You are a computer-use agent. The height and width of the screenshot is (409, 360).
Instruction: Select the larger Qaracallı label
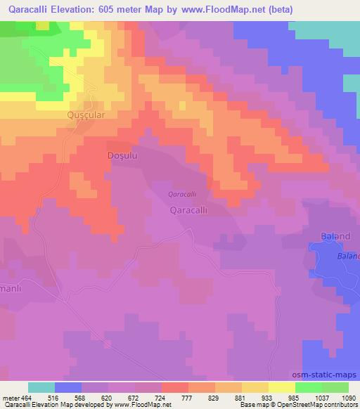point(189,209)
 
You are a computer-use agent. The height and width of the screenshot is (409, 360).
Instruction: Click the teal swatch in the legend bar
point(41,387)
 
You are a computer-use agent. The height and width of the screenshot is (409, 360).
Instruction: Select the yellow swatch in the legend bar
point(281,387)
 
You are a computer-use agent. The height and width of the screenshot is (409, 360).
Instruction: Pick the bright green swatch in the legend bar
point(308,387)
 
